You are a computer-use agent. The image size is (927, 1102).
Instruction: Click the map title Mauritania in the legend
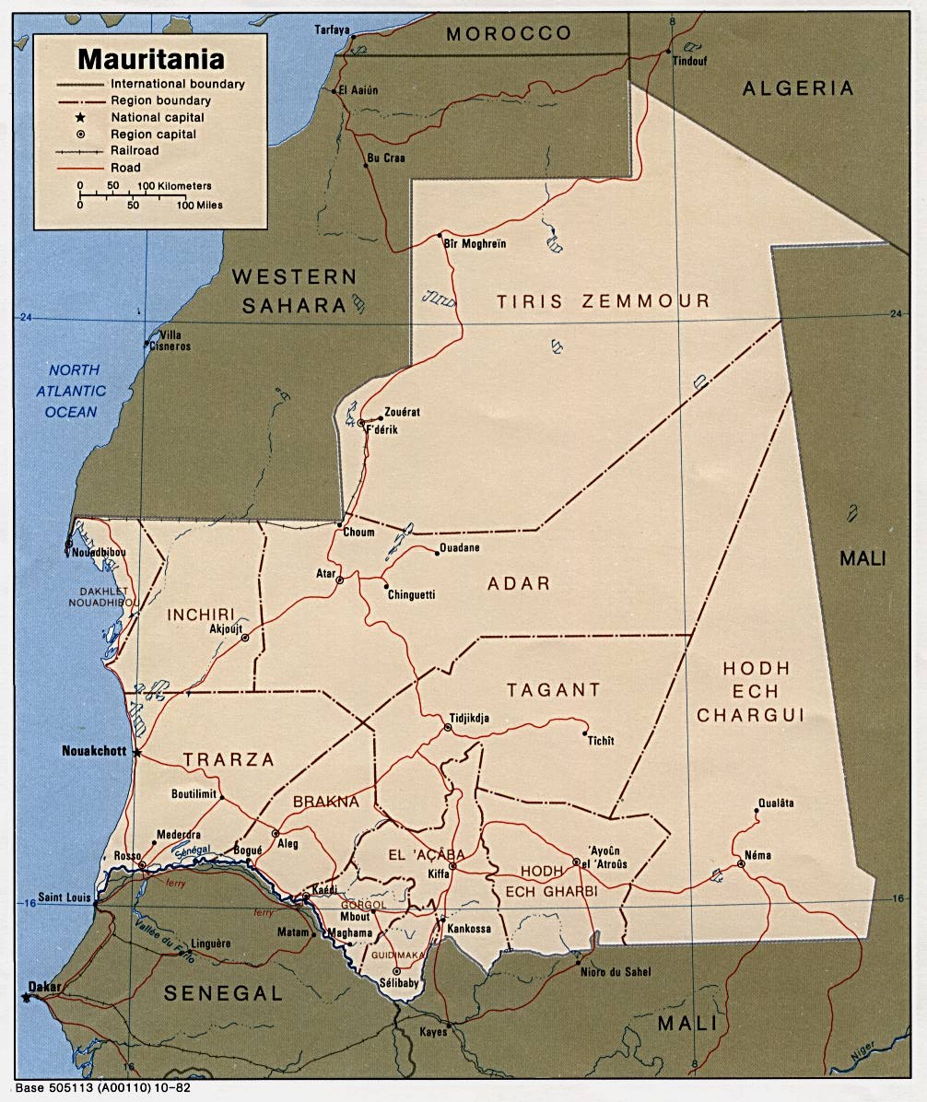pyautogui.click(x=151, y=60)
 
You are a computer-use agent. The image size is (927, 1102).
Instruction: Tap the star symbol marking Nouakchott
pyautogui.click(x=137, y=753)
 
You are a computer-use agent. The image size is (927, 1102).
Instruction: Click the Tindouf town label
pyautogui.click(x=687, y=62)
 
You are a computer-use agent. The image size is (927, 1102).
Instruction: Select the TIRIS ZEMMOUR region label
pyautogui.click(x=604, y=301)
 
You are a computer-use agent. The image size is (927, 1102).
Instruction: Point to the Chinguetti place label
pyautogui.click(x=410, y=596)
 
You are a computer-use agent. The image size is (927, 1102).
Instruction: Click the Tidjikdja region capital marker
pyautogui.click(x=448, y=727)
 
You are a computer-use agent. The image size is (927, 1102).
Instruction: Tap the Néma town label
pyautogui.click(x=757, y=855)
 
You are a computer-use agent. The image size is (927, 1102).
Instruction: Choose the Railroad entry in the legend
pyautogui.click(x=135, y=150)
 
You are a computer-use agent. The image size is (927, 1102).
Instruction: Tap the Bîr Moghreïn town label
pyautogui.click(x=475, y=244)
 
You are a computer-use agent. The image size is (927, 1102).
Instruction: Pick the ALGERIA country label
pyautogui.click(x=798, y=88)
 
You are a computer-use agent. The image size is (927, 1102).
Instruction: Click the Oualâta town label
pyautogui.click(x=774, y=802)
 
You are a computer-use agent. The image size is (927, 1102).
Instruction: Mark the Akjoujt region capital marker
pyautogui.click(x=244, y=637)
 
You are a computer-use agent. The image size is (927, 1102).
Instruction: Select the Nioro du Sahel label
pyautogui.click(x=615, y=972)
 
